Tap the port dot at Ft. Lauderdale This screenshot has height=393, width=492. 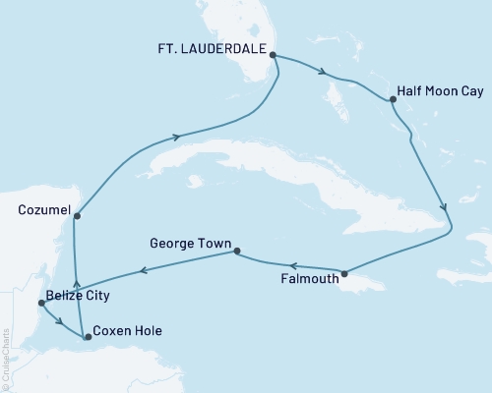(x=273, y=56)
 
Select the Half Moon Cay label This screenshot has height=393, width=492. (x=439, y=89)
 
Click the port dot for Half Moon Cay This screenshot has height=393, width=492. (x=393, y=99)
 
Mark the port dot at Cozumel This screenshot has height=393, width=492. (x=76, y=216)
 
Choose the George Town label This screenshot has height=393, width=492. (x=190, y=242)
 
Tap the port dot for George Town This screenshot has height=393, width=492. (x=236, y=252)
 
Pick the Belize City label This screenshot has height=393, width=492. (x=78, y=295)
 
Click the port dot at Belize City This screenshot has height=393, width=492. (x=40, y=303)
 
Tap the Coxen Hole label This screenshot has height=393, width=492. (x=126, y=330)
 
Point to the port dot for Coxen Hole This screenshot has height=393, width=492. (x=88, y=337)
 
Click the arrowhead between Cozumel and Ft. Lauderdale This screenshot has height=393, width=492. (x=177, y=137)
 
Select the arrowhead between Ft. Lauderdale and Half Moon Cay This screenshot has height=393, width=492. (x=324, y=71)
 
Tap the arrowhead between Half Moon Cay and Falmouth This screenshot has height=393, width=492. (x=446, y=208)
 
